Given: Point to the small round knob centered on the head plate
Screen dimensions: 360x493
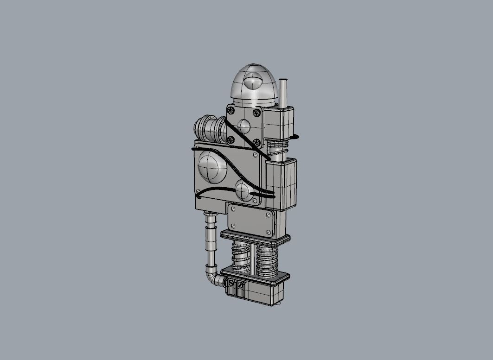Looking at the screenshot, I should tap(243, 126).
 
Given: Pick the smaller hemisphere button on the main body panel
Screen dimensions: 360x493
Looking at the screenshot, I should tap(243, 190).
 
